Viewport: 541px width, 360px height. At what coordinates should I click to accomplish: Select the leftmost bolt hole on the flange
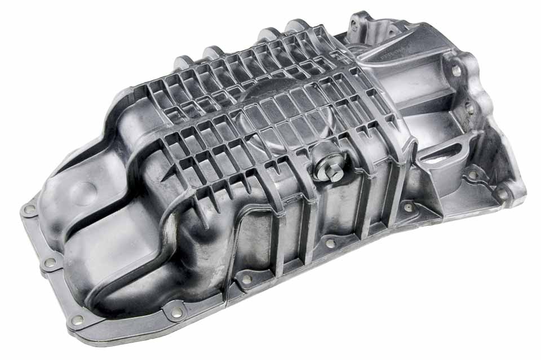(x=29, y=210)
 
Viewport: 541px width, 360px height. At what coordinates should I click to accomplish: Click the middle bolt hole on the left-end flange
(x=50, y=262)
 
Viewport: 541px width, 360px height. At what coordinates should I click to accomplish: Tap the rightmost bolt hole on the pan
(x=501, y=194)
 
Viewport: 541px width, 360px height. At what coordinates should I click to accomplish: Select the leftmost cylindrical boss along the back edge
(x=182, y=61)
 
